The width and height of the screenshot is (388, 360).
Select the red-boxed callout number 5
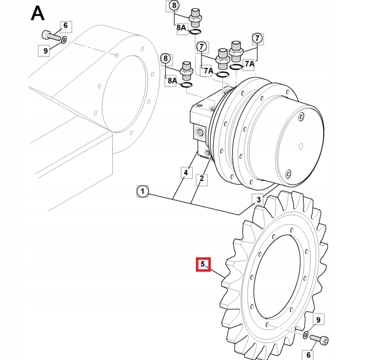click(203, 264)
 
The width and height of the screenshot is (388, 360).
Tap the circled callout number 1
click(142, 192)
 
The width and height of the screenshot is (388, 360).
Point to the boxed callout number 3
click(259, 200)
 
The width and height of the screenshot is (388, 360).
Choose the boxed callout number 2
click(202, 179)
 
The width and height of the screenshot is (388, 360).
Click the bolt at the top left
click(49, 35)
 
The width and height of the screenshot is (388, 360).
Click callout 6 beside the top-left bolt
click(65, 26)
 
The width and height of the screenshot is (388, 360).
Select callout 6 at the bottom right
click(308, 354)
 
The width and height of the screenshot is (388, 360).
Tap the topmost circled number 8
click(173, 6)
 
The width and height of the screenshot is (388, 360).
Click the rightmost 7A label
click(249, 64)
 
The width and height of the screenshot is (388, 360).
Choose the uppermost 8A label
click(182, 28)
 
